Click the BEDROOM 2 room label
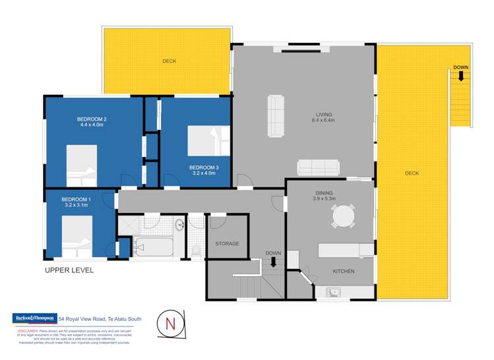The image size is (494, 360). coord(92,119)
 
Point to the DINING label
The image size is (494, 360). coord(324,193)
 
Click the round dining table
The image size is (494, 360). coord(343,216)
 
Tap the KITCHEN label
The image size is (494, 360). coord(344,272)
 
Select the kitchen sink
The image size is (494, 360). coord(334,291)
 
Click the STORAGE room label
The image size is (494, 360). coord(227,243)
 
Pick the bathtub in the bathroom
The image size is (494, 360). coord(153,249)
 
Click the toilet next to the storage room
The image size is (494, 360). coord(196,250)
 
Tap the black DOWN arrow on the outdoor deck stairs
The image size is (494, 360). coord(461,75)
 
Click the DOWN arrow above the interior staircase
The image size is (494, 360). coord(273,262)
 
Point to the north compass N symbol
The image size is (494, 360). coord(170,324)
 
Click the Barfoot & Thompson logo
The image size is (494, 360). coord(34,318)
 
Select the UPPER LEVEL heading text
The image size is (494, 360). coord(69,270)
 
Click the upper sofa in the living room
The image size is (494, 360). coord(275,108)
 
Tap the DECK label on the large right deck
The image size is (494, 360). coord(412,173)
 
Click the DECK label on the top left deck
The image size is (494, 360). coord(170,61)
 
